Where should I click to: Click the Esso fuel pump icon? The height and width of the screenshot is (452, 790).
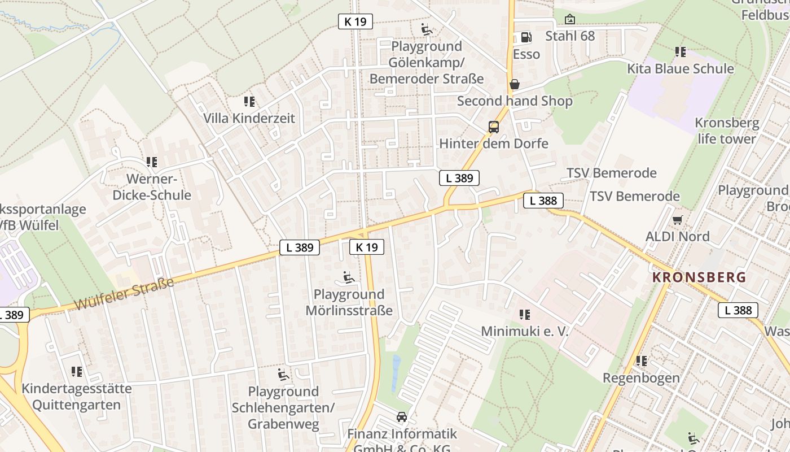pos(525,37)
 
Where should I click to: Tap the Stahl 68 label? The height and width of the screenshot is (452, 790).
pos(570,36)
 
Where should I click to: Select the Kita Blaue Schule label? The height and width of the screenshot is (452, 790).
pos(681,68)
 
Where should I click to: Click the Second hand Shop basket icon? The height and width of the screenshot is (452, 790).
pos(515,85)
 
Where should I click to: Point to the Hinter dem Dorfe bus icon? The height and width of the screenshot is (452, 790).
pos(494,127)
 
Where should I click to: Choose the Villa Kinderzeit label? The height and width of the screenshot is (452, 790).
pos(249,118)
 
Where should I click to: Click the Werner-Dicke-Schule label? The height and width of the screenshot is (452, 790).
pos(152,187)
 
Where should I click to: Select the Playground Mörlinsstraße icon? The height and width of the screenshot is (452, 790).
pos(349,277)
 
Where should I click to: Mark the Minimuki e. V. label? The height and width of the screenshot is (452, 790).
pos(525,331)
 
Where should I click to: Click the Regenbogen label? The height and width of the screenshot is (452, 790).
pos(641,377)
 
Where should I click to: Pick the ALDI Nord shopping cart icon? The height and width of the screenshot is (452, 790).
pos(677,220)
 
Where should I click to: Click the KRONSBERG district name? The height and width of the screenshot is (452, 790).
pos(699,277)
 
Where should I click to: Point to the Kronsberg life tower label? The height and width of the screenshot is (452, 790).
pos(727,131)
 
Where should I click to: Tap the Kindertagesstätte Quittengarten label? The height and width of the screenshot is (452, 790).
pos(77,397)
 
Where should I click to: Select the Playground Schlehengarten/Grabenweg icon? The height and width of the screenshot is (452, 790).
pos(283,375)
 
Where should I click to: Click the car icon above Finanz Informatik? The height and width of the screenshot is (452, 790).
pos(402,417)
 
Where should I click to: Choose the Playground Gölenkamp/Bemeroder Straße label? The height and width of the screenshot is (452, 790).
pos(427,62)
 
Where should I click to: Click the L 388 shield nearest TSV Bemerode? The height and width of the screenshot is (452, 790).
pos(543,201)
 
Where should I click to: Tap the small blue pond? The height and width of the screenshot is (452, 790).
pos(396,373)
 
